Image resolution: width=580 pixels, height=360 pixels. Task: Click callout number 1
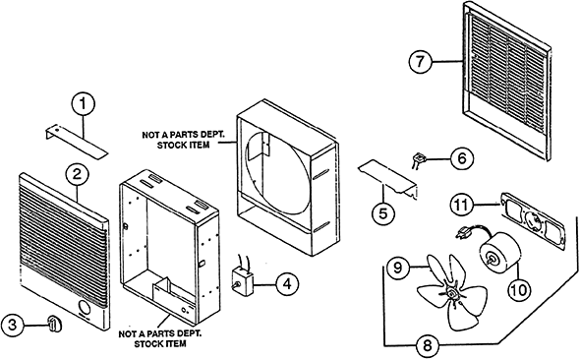coord(86,101)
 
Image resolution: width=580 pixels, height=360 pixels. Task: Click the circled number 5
coord(383,210)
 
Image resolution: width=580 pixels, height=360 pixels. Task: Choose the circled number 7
coord(421,61)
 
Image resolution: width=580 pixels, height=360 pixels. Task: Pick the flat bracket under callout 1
coord(78,137)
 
